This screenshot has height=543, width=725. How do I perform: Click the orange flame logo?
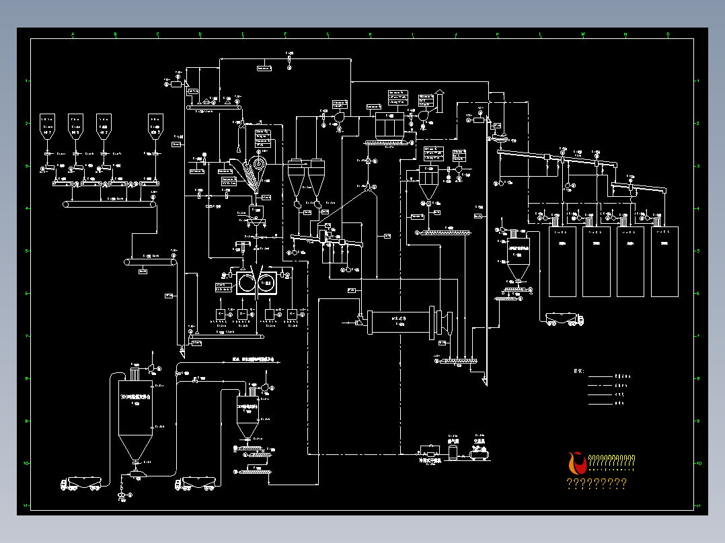576,462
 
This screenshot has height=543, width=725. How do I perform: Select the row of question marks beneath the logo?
597,483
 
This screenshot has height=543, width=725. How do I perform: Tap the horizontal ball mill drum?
401,321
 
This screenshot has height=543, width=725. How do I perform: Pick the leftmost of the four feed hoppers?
47,124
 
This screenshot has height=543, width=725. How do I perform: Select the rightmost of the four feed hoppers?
155,124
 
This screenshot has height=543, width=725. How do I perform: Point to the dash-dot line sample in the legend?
602,386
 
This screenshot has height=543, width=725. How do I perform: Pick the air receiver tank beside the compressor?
453,452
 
